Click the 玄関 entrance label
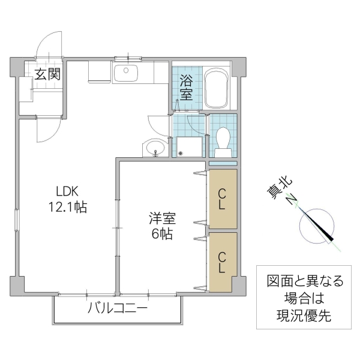46,75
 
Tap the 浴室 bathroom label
187,88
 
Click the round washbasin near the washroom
155,148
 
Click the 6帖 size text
161,234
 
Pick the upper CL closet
222,199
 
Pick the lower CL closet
222,263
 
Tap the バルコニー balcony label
118,310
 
